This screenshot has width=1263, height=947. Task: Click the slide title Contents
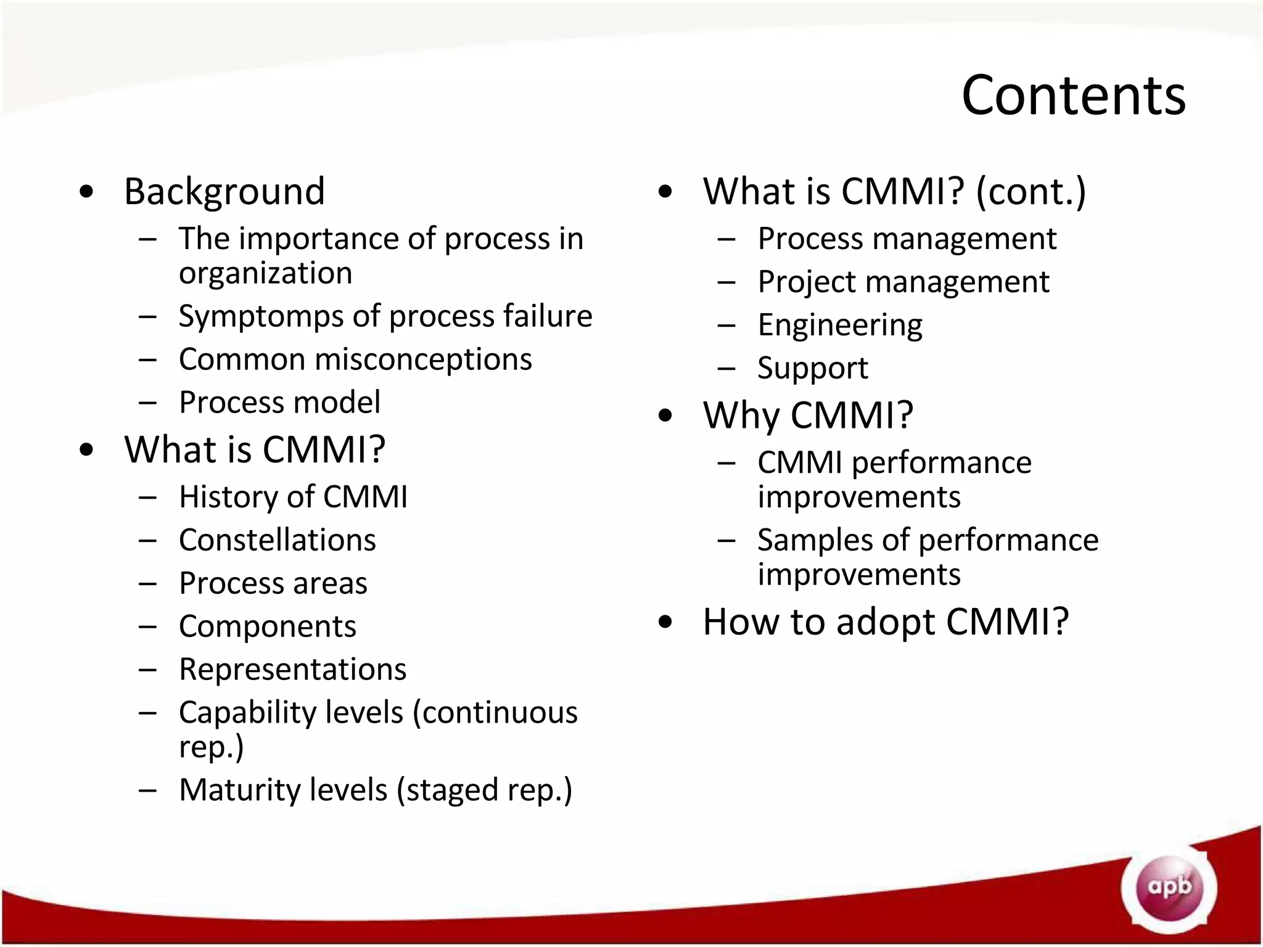(x=1073, y=96)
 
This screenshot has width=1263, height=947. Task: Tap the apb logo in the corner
(x=1169, y=888)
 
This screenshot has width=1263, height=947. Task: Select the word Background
(x=224, y=192)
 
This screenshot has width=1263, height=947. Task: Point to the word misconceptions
(x=423, y=359)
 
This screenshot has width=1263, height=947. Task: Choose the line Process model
(x=279, y=403)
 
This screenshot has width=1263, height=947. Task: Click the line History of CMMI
(x=293, y=497)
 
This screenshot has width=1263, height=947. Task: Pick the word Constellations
(x=277, y=541)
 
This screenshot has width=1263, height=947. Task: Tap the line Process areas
(x=273, y=583)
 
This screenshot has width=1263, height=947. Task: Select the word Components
(x=267, y=627)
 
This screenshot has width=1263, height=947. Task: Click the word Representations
(x=292, y=670)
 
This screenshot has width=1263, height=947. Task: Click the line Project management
(x=903, y=282)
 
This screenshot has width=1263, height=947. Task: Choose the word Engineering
(x=839, y=326)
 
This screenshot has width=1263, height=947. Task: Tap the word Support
(x=812, y=369)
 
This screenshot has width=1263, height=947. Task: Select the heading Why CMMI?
(x=808, y=416)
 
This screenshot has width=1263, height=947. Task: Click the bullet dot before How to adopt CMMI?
(x=665, y=621)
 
